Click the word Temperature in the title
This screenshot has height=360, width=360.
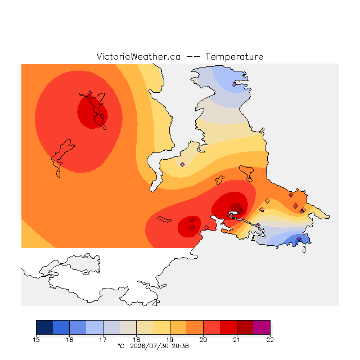pyautogui.click(x=234, y=56)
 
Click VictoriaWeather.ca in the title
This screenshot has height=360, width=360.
pyautogui.click(x=138, y=56)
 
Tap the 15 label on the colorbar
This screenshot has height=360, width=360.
pyautogui.click(x=36, y=340)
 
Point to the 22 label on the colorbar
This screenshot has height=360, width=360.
pyautogui.click(x=270, y=340)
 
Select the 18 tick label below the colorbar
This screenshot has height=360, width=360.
pyautogui.click(x=136, y=340)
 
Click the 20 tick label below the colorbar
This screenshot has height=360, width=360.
pyautogui.click(x=203, y=340)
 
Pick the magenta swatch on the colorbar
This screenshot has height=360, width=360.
pyautogui.click(x=262, y=327)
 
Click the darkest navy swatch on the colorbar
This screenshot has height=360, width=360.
pyautogui.click(x=44, y=327)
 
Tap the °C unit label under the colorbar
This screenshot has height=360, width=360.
pyautogui.click(x=121, y=346)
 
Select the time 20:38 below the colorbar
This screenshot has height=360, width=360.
pyautogui.click(x=180, y=346)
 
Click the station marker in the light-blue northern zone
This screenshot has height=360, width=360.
pyautogui.click(x=234, y=85)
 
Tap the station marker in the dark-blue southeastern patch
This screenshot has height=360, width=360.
pyautogui.click(x=299, y=238)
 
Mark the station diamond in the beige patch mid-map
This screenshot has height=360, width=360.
pyautogui.click(x=182, y=164)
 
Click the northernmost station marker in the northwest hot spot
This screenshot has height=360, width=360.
pyautogui.click(x=90, y=93)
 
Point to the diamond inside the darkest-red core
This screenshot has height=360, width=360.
pyautogui.click(x=240, y=211)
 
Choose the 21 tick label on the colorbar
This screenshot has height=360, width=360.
pyautogui.click(x=237, y=340)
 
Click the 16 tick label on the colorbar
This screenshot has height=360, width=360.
pyautogui.click(x=70, y=340)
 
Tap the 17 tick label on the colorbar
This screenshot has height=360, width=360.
pyautogui.click(x=103, y=340)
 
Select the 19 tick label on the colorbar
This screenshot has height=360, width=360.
pyautogui.click(x=170, y=340)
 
